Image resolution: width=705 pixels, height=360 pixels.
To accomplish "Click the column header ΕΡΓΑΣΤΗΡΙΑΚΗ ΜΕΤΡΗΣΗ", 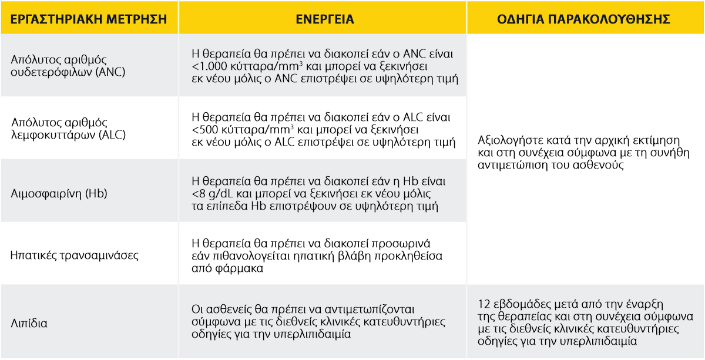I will click(x=89, y=19).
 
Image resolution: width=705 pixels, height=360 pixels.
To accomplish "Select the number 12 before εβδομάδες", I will click(x=484, y=304).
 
